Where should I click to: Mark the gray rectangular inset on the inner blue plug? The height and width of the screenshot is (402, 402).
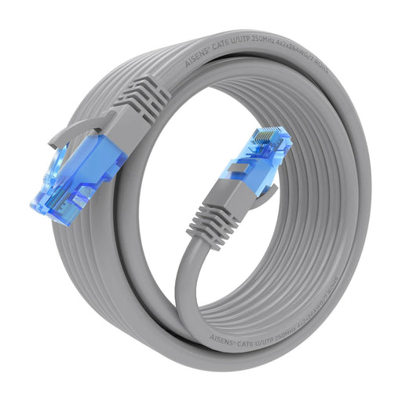[x=240, y=166]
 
